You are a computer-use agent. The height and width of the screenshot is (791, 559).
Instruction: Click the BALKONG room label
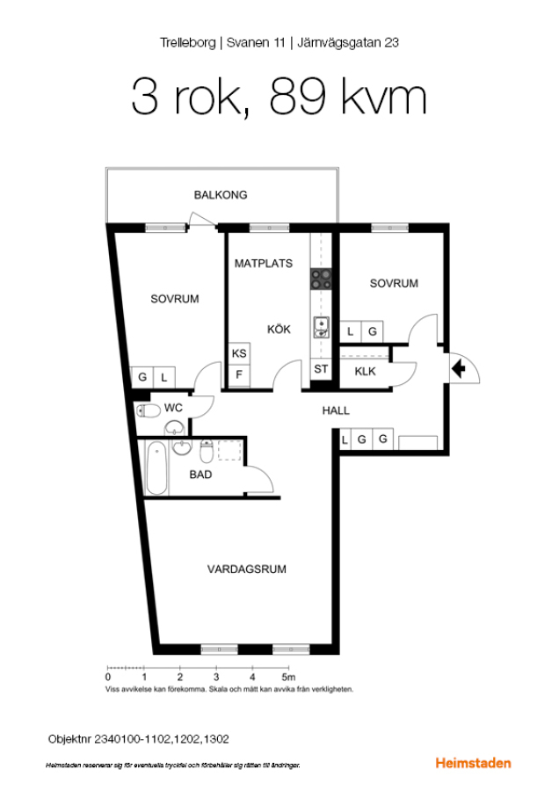click(221, 195)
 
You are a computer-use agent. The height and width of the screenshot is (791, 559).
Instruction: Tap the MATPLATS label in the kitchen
click(264, 264)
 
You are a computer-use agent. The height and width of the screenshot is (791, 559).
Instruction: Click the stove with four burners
click(321, 279)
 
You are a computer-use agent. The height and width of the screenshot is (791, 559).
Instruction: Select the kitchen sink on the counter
click(321, 328)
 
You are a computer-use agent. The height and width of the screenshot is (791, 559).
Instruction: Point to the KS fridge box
click(239, 353)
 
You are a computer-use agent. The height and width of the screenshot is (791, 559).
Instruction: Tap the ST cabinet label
click(321, 369)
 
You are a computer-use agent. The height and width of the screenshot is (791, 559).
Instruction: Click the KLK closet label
click(365, 372)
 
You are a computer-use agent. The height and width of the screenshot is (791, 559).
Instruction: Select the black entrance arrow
click(459, 369)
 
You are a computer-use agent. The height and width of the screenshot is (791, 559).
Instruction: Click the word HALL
click(336, 410)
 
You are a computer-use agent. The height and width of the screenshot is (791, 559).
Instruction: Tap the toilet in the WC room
click(148, 410)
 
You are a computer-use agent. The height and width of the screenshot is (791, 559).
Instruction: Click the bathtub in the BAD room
click(156, 468)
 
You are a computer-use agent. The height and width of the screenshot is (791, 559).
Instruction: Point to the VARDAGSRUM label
click(247, 569)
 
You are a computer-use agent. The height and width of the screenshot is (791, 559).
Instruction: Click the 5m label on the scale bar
click(288, 677)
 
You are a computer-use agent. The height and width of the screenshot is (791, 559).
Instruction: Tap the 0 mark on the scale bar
click(108, 677)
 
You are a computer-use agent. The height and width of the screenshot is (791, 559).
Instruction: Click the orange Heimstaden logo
click(473, 763)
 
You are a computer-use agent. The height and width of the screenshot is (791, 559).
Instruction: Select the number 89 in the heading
click(297, 97)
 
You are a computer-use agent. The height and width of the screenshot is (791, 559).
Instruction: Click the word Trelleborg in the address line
click(188, 43)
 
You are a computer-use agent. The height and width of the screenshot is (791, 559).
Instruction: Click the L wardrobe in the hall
click(345, 439)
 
